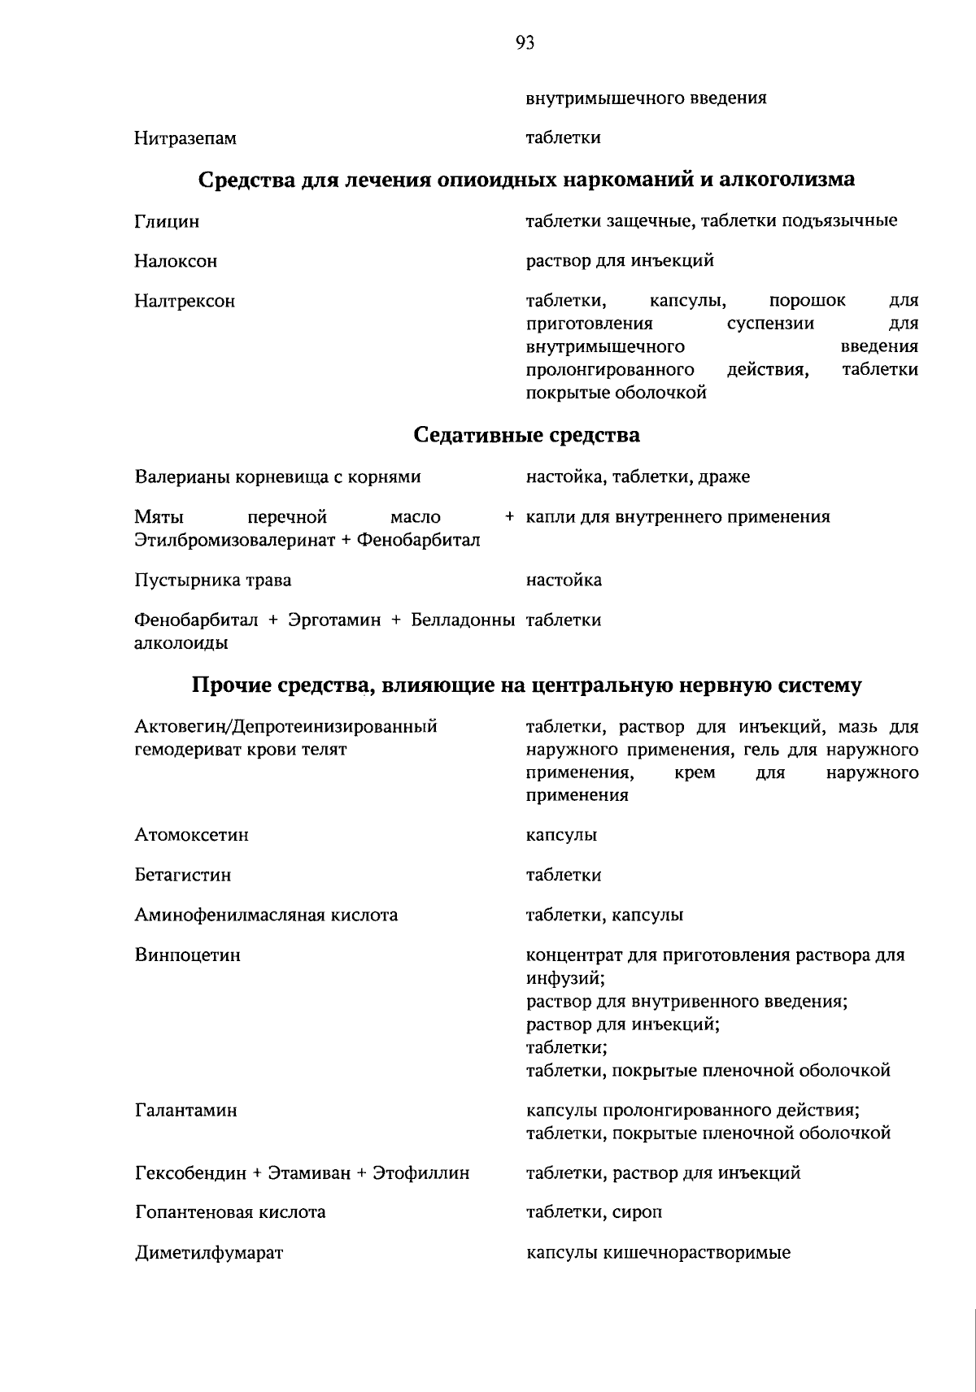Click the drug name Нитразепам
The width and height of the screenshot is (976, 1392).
pos(185,139)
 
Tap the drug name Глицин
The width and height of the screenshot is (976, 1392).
pos(167,222)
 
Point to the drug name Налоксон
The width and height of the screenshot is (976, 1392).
pos(176,262)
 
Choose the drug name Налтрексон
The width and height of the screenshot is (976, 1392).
pos(185,302)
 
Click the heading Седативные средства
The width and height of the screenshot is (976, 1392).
pos(526,435)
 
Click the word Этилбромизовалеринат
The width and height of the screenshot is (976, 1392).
pos(233,541)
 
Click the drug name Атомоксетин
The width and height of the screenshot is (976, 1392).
pos(192,835)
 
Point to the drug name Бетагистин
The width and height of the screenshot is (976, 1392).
pos(183,876)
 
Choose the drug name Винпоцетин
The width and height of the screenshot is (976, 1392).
pos(187,955)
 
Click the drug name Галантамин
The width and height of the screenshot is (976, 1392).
pos(185,1111)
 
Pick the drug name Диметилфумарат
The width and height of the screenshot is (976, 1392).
pos(208,1253)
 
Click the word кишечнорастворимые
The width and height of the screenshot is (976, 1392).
pos(695,1253)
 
